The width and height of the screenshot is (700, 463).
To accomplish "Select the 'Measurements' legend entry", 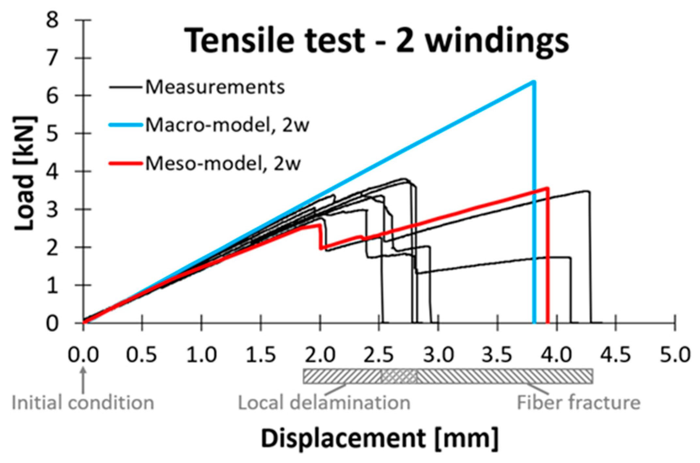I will (x=215, y=87).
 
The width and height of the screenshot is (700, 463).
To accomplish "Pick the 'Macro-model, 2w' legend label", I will (x=227, y=125).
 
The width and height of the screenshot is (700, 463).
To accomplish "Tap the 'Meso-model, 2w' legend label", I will (x=223, y=163).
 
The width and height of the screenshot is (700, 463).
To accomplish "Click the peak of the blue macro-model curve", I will (x=534, y=82).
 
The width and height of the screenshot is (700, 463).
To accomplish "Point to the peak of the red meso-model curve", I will (x=547, y=188).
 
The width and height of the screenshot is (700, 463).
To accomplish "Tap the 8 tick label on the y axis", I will (x=52, y=20).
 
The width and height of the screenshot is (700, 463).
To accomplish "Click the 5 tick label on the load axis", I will (x=52, y=134).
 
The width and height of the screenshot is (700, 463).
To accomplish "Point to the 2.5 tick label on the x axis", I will (x=379, y=355).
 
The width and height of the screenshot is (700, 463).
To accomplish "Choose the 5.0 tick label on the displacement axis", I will (x=675, y=355).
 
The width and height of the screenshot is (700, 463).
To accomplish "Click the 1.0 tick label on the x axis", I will (x=201, y=355).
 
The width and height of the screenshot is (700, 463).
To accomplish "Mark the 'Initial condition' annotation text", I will (x=83, y=403).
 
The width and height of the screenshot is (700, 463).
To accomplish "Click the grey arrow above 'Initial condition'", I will (x=83, y=380).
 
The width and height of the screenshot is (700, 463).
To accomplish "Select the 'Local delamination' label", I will (x=324, y=403).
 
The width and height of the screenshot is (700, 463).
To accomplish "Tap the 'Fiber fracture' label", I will (x=579, y=403).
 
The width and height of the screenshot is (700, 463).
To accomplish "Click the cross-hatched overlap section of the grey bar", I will (x=399, y=376).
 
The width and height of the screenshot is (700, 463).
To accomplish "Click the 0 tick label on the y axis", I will (x=52, y=324).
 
